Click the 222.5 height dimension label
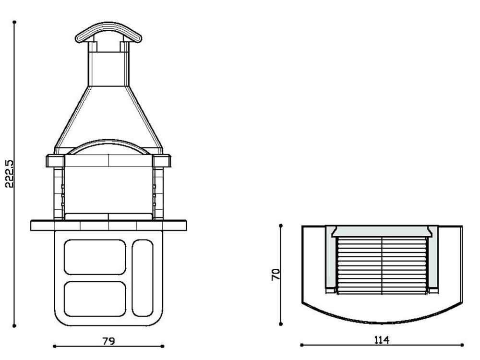tap(10, 173)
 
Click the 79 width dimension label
tap(108, 341)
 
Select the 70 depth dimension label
tap(276, 274)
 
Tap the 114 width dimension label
tap(382, 340)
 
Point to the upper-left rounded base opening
tap(95, 257)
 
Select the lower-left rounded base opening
tap(95, 299)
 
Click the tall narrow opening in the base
tap(143, 278)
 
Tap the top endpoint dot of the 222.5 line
tap(14, 22)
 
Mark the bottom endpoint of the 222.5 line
tap(14, 326)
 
